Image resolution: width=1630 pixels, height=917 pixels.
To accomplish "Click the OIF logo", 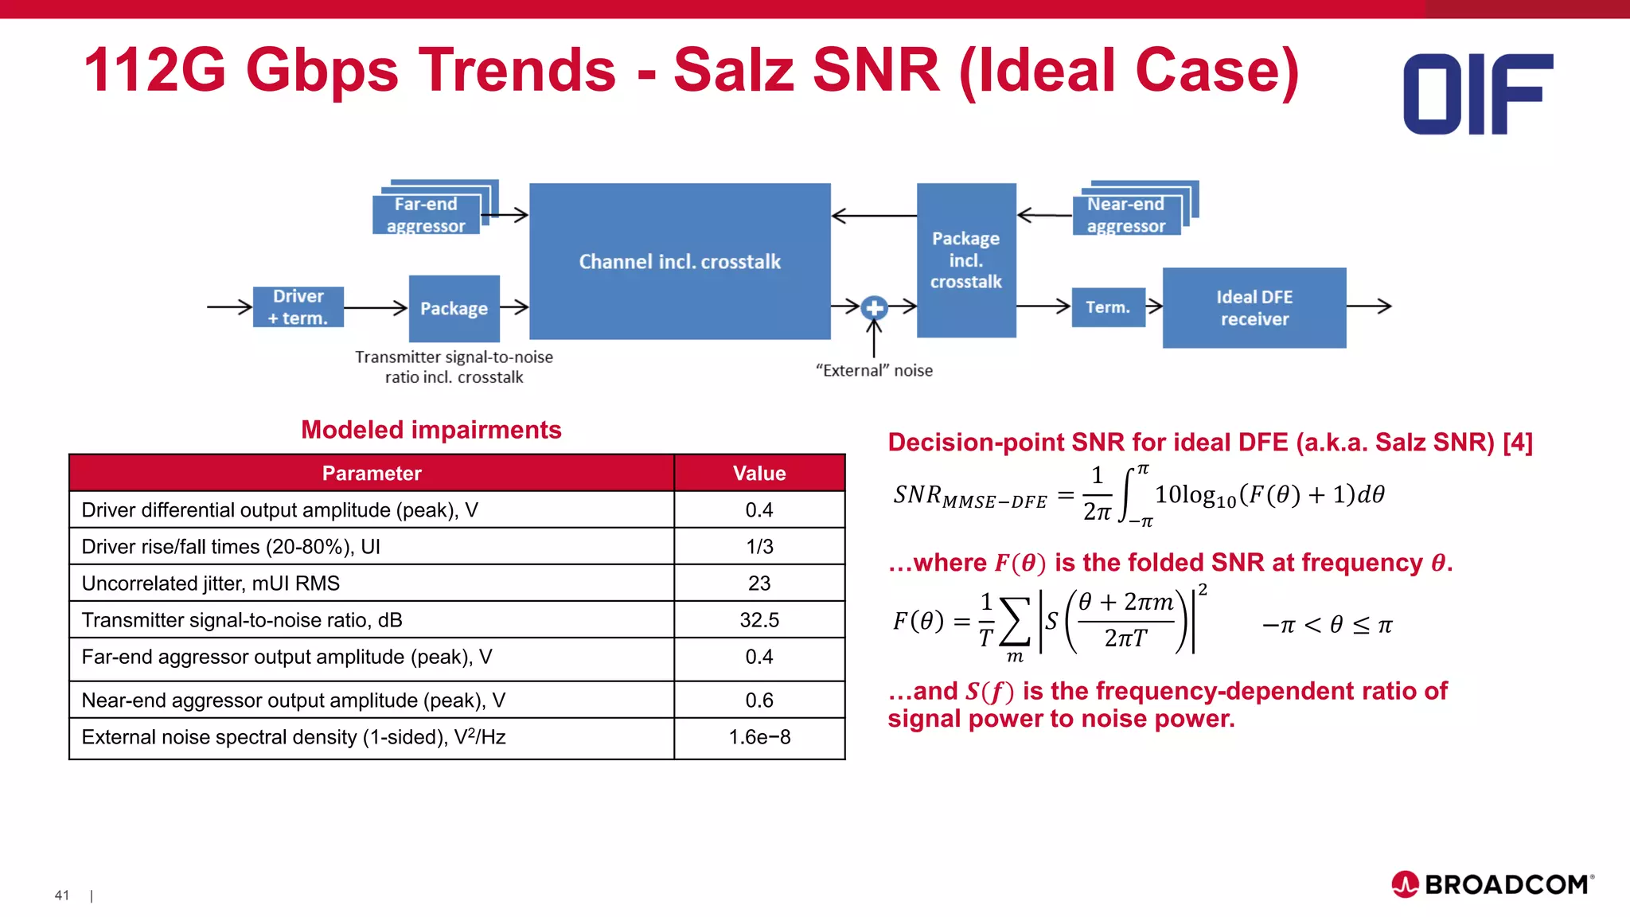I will click(x=1478, y=94).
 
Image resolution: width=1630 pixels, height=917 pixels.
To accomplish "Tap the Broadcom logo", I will click(x=1492, y=884).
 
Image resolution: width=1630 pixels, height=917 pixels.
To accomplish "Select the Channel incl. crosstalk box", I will click(x=680, y=261).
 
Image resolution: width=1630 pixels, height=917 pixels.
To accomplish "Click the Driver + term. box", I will click(x=298, y=307).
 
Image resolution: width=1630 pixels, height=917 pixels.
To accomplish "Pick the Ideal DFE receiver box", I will click(x=1254, y=308).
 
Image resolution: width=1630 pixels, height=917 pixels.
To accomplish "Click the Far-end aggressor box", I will click(x=427, y=215).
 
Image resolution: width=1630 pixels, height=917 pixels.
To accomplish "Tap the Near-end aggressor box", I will click(x=1126, y=215).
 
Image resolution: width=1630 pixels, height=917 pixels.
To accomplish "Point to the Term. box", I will click(x=1108, y=307).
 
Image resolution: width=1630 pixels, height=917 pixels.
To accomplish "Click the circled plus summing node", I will click(x=874, y=307).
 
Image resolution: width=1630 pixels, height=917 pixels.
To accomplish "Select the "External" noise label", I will click(x=874, y=371).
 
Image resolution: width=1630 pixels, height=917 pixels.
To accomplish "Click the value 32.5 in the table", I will click(x=759, y=620).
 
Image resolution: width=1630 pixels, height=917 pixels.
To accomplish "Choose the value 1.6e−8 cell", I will click(x=759, y=737).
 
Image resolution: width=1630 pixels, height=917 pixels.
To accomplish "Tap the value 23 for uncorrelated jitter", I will click(x=759, y=583).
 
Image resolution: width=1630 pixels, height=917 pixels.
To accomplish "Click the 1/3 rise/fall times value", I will click(x=759, y=547).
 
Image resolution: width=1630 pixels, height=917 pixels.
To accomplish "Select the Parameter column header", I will click(x=372, y=474).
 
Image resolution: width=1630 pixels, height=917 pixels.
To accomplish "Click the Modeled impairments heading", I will click(x=431, y=430).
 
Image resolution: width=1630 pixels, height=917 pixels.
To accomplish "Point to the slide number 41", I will click(x=62, y=896).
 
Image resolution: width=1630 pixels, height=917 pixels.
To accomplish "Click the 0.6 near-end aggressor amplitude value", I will click(x=759, y=700).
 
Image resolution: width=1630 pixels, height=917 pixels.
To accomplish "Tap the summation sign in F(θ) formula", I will click(x=1015, y=622).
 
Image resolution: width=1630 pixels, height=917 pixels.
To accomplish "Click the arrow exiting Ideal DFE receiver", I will click(x=1370, y=306).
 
